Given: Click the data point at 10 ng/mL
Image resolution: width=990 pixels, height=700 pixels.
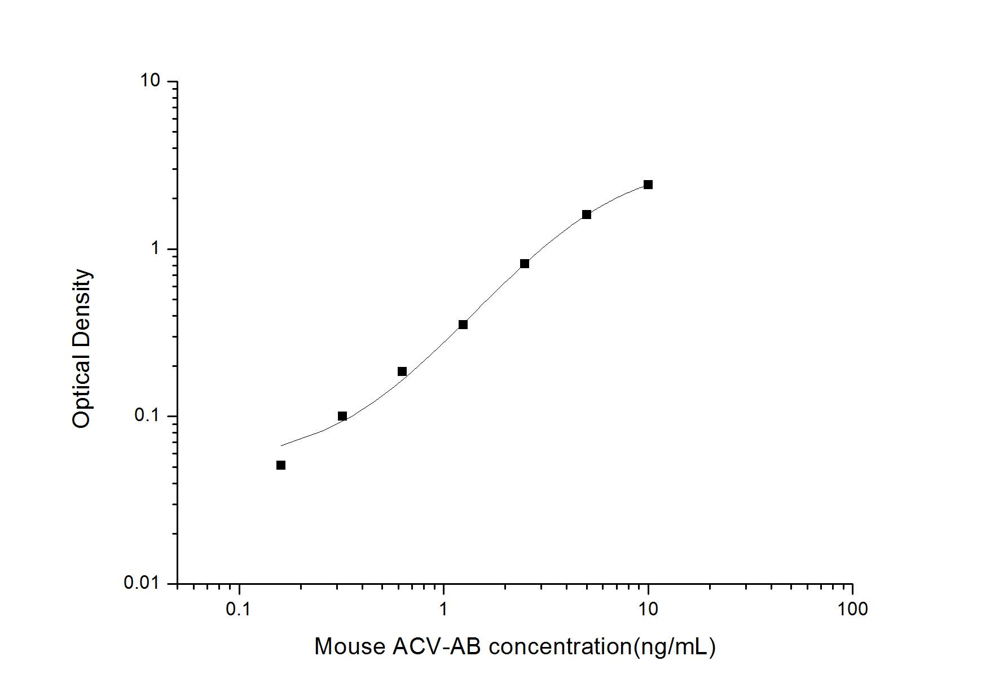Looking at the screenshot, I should pos(648,185).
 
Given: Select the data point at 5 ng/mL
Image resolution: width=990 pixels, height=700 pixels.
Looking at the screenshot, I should pos(587,215).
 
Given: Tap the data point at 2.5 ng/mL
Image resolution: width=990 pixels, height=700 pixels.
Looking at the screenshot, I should pos(525,264).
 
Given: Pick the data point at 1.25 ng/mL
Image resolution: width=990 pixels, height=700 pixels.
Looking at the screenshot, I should pos(463,325).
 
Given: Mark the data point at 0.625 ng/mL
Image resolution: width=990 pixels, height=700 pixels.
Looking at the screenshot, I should pos(402,371).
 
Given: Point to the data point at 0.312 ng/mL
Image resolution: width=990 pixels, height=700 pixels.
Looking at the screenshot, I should pos(342,416).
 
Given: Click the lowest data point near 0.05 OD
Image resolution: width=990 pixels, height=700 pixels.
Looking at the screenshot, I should pos(281,465).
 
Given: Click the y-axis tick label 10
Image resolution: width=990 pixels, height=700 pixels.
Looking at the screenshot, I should pos(150,81).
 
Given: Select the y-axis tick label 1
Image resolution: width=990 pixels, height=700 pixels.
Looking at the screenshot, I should pos(156,248).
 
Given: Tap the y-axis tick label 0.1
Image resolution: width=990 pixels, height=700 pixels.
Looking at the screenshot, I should pos(146,415).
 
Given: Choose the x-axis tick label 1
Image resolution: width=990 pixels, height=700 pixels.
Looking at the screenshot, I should pos(443,609).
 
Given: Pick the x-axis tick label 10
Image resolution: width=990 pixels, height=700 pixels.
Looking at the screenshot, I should pos(648,609).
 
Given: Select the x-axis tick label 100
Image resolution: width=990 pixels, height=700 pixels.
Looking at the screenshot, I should pos(852,609).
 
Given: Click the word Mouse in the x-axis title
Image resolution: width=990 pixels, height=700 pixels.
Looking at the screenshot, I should pos(349,646).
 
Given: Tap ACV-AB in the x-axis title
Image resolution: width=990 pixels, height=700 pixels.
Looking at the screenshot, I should pos(437,646).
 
